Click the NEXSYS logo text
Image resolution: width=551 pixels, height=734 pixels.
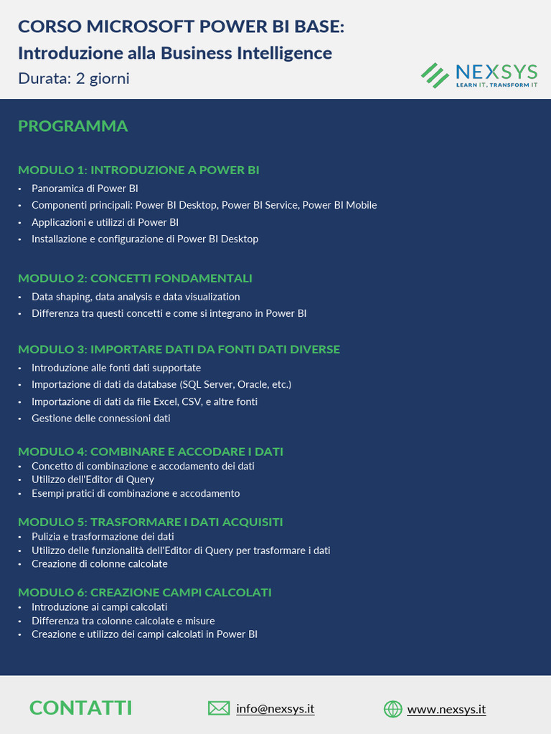click(x=496, y=72)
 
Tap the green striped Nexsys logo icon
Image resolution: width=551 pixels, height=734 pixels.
click(x=434, y=75)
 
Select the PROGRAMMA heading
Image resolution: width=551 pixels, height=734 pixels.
click(x=72, y=126)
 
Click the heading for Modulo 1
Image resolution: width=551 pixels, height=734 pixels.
click(x=138, y=170)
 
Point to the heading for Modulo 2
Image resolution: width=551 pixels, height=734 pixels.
click(x=135, y=278)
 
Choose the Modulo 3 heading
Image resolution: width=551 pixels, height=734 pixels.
click(x=179, y=349)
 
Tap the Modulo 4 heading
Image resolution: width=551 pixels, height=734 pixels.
click(x=151, y=452)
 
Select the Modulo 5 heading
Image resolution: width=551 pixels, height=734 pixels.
click(x=150, y=522)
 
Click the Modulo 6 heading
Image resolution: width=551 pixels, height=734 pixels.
click(x=144, y=592)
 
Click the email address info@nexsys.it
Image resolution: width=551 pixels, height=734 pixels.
click(x=275, y=708)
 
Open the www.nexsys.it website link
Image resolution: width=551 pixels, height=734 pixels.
click(x=446, y=709)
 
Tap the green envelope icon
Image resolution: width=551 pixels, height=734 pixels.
click(x=219, y=708)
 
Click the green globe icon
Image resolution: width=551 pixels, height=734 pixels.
click(x=392, y=709)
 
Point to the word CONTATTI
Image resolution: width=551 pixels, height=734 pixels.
click(x=81, y=708)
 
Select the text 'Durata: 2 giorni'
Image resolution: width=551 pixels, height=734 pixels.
click(x=74, y=78)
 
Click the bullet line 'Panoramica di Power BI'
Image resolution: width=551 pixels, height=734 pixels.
click(x=85, y=189)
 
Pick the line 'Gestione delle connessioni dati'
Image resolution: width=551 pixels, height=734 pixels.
click(x=100, y=418)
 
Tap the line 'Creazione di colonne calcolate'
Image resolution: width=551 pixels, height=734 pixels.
click(x=99, y=563)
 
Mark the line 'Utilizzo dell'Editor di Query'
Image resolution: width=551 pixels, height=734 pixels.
click(x=93, y=480)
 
